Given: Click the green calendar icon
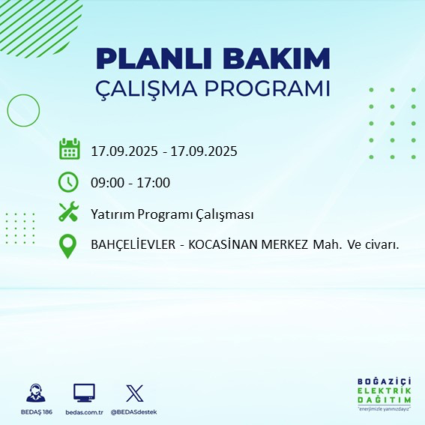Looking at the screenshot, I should point(69,149).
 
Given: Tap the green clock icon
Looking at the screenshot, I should point(69,181).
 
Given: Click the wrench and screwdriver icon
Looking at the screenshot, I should point(69,213).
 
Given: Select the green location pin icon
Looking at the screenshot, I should point(69,245).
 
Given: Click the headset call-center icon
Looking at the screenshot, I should point(34,394).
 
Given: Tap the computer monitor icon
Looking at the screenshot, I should point(84,393).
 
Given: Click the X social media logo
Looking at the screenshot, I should point(134,393).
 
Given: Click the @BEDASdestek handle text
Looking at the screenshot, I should point(133,412).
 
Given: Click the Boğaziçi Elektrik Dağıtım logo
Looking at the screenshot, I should point(384,394).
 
